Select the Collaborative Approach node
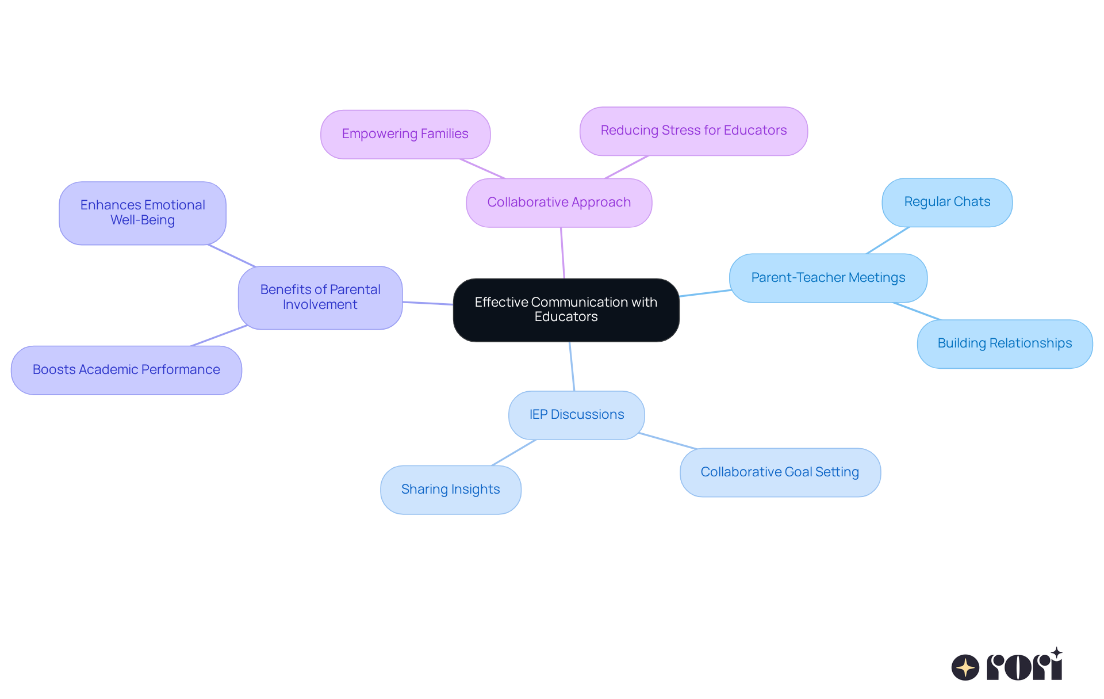point(559,203)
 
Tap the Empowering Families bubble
point(405,134)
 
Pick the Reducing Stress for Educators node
point(693,131)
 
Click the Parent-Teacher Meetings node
point(828,278)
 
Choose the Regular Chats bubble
point(947,202)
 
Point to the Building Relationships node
point(1005,343)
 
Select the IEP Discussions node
point(576,415)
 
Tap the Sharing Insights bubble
point(450,490)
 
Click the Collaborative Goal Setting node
point(780,472)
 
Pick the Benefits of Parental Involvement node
point(320,297)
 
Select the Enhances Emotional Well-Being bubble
point(143,213)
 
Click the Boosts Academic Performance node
point(126,370)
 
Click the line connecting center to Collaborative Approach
point(562,253)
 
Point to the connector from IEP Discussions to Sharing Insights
point(514,453)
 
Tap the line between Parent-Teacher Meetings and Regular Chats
point(888,240)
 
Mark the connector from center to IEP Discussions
point(572,367)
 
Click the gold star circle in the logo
point(965,667)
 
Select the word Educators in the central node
point(566,317)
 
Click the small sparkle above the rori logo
point(1056,653)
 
